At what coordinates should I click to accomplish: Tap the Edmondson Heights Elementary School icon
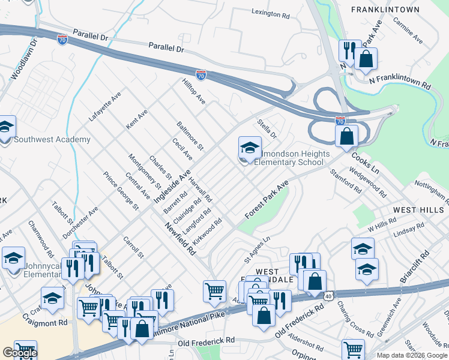pyautogui.click(x=250, y=147)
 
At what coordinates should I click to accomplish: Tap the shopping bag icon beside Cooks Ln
pyautogui.click(x=346, y=136)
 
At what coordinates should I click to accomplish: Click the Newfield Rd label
pyautogui.click(x=181, y=236)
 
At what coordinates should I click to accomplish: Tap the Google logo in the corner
pyautogui.click(x=19, y=353)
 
